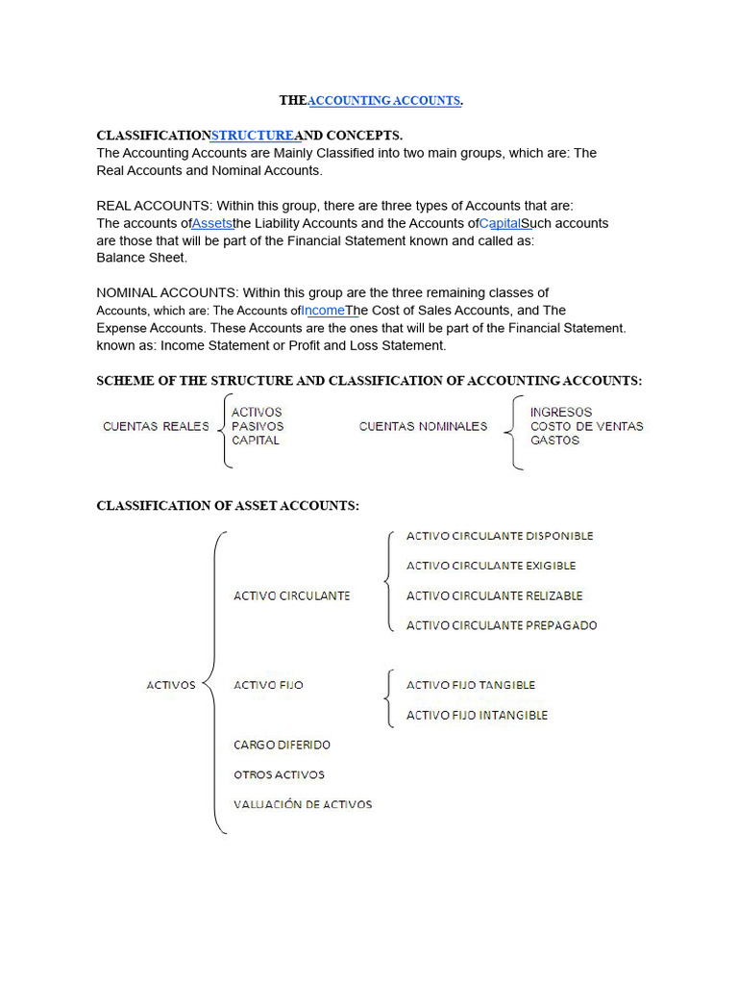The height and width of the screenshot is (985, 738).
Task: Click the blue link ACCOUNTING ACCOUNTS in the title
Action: point(383,101)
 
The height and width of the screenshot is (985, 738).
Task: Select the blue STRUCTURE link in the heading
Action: point(252,136)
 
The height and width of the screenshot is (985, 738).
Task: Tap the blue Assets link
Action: point(212,223)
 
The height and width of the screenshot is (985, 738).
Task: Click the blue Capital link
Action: point(500,223)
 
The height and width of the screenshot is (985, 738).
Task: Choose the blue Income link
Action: point(323,310)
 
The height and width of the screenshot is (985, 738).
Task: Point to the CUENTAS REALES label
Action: point(156,426)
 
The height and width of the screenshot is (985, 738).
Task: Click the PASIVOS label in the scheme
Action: point(258,426)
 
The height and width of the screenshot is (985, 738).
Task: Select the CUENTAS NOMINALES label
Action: point(423,426)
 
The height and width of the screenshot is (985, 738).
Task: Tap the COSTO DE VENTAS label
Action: point(586,426)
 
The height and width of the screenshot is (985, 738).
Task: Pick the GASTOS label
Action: point(554,441)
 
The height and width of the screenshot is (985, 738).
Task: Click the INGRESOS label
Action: point(561,412)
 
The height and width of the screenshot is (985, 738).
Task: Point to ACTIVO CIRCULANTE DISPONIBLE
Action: point(500,536)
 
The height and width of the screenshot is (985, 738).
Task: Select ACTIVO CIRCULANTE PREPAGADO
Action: point(502,625)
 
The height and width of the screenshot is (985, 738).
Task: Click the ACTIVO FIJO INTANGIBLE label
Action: point(477,715)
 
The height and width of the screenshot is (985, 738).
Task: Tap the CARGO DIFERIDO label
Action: point(282,745)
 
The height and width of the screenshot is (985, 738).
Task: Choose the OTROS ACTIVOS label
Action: point(279,774)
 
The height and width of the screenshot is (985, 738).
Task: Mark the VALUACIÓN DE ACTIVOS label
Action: point(303,804)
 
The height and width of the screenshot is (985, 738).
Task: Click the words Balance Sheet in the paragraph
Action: point(142,258)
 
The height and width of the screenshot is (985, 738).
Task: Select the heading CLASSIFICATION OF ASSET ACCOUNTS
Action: point(228,506)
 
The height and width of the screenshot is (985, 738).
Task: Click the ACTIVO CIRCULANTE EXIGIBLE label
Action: point(491,566)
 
